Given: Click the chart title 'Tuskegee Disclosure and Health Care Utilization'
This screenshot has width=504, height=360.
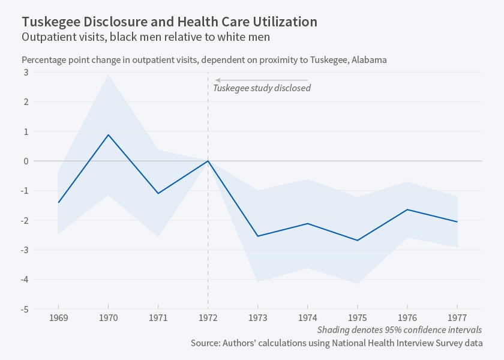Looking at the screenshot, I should pyautogui.click(x=170, y=22).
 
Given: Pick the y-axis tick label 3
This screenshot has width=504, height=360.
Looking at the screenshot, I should pyautogui.click(x=26, y=72).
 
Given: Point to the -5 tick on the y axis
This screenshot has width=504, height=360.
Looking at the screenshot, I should pyautogui.click(x=25, y=309).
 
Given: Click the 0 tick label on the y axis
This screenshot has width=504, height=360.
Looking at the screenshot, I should pyautogui.click(x=26, y=161).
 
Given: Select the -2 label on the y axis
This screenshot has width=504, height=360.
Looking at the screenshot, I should pyautogui.click(x=25, y=220).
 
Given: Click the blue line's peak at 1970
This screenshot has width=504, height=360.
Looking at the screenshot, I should pyautogui.click(x=108, y=134).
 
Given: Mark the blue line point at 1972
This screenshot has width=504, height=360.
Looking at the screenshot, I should pyautogui.click(x=208, y=161).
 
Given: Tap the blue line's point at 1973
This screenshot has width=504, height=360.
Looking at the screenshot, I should pyautogui.click(x=258, y=236).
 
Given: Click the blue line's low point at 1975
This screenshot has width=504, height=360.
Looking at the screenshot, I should pyautogui.click(x=358, y=241).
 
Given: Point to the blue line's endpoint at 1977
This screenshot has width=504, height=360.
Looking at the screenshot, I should pyautogui.click(x=457, y=222).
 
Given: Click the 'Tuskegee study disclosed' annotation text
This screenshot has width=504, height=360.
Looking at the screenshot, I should pyautogui.click(x=262, y=88).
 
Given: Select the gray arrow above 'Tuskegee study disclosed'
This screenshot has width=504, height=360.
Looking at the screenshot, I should pyautogui.click(x=262, y=80).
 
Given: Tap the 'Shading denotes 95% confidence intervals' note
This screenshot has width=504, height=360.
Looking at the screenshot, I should pyautogui.click(x=399, y=330).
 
